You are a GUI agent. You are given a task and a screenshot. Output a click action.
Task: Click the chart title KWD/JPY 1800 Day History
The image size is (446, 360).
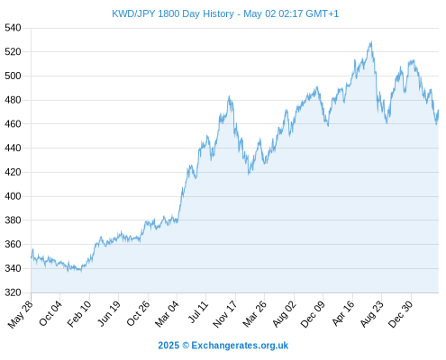point(173,13)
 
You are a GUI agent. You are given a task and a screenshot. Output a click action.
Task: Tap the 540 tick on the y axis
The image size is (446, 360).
point(13,28)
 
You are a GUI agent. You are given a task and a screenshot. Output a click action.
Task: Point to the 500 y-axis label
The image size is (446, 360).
point(13,76)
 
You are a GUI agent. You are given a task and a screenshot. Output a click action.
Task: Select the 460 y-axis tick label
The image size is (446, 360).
point(13,124)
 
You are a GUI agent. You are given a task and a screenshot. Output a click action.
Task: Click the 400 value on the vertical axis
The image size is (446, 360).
point(13,196)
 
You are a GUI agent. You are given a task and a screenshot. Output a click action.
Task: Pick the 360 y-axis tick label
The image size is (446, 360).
point(13,244)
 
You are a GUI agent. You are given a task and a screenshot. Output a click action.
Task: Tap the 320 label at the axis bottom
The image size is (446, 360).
point(13,292)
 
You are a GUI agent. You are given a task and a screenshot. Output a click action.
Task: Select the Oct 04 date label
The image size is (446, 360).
point(50,313)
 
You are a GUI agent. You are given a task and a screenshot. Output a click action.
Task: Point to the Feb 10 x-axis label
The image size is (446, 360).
point(78,313)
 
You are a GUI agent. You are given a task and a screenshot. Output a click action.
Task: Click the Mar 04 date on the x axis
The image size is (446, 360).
point(167,313)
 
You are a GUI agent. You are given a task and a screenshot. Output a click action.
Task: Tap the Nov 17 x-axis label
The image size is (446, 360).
point(225,314)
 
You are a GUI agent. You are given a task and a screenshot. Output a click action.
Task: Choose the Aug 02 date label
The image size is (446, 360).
point(284,314)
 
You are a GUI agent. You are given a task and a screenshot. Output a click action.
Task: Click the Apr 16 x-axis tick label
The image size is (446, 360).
point(343,313)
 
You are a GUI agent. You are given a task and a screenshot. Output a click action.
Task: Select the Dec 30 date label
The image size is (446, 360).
point(401,314)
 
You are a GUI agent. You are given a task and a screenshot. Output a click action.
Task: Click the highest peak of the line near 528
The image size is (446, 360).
point(371,41)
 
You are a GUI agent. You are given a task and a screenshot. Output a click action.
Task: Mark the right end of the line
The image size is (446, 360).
point(439,110)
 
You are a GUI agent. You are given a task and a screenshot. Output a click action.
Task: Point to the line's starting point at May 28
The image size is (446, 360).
point(32,257)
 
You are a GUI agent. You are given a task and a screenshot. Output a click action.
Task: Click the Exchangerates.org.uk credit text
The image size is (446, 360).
point(240,346)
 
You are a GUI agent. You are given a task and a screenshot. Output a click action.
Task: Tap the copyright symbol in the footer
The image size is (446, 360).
point(186,346)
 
